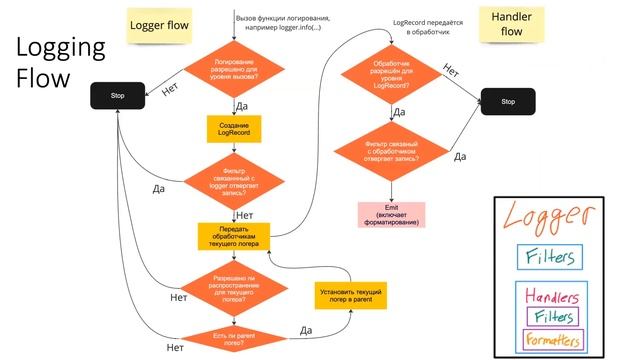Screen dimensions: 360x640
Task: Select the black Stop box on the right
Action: coord(507,101)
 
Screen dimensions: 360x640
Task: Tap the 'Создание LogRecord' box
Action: coord(233,129)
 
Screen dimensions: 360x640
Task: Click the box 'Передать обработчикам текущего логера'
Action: coord(233,236)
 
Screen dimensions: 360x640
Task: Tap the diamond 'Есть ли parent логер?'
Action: coord(233,336)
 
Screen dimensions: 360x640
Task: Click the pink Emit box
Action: coord(391,214)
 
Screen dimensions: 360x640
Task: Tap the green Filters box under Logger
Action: coord(549,256)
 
